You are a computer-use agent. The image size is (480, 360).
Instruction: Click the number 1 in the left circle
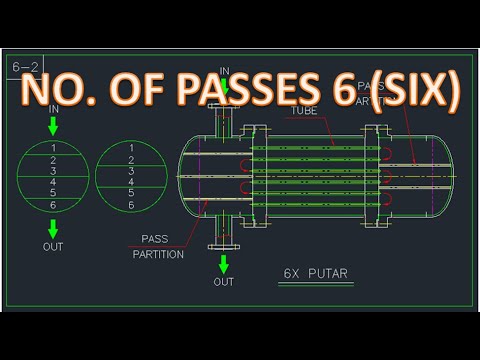[53, 148]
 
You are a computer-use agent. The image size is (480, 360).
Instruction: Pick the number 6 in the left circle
[53, 205]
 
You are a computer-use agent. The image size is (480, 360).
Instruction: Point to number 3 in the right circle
[131, 171]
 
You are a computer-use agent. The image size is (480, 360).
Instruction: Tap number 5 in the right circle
[131, 194]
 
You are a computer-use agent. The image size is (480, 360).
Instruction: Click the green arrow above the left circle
[53, 127]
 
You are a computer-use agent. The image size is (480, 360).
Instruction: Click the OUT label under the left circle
[53, 246]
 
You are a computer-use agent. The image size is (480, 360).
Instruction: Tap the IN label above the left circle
[53, 108]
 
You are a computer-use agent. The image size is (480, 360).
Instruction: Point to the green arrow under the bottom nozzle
[224, 264]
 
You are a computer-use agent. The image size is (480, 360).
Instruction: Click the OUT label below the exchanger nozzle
[224, 282]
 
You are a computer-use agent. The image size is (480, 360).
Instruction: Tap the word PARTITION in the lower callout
[158, 254]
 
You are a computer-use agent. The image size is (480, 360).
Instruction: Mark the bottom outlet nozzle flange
[224, 246]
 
